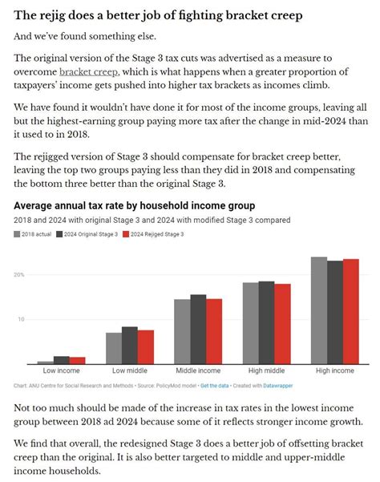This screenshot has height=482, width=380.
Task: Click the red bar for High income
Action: (351, 312)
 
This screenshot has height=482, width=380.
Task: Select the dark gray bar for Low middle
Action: (130, 346)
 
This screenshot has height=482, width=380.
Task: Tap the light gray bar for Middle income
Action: (182, 332)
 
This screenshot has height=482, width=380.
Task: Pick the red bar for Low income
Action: (78, 361)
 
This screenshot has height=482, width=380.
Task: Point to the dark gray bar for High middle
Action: (266, 322)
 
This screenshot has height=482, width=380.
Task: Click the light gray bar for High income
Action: (319, 310)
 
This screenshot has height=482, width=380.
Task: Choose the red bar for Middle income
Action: (214, 331)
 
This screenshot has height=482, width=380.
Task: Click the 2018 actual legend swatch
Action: (17, 234)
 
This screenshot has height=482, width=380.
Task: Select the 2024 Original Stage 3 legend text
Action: (91, 234)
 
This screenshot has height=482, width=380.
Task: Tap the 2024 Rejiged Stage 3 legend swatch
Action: (126, 234)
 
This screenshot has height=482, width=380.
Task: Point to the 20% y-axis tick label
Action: (18, 275)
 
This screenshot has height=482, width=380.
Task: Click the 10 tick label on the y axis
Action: (21, 319)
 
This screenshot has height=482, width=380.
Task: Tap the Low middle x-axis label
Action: (130, 371)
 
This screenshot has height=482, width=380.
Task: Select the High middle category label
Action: (266, 371)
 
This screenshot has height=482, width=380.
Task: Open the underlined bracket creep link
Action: (88, 72)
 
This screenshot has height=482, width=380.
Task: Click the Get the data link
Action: (214, 386)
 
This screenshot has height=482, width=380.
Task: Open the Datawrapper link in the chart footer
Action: (278, 386)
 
